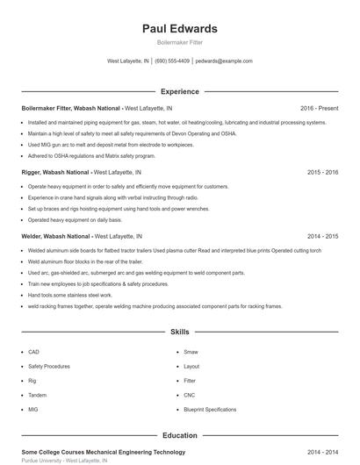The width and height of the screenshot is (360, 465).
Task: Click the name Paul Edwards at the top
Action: tap(179, 29)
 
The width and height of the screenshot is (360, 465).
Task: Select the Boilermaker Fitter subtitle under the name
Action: tap(179, 43)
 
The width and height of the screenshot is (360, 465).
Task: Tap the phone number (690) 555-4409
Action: tap(173, 61)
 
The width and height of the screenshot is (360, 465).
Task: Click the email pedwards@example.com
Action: tap(224, 61)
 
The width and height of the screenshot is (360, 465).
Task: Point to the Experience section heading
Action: tap(179, 91)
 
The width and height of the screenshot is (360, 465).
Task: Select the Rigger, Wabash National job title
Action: tap(56, 173)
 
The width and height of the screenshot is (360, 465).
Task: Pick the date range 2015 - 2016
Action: tap(322, 173)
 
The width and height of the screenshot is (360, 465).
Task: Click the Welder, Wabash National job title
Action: tap(55, 237)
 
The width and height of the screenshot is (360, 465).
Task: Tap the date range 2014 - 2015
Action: tap(322, 237)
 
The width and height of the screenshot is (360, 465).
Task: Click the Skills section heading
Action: tap(179, 333)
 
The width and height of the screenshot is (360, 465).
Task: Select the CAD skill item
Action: tap(33, 352)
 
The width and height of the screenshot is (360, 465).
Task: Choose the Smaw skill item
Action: tap(191, 352)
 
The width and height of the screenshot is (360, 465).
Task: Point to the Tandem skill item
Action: tap(37, 395)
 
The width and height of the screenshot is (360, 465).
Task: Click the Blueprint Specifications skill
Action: tap(209, 410)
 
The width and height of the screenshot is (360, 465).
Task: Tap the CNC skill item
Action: tap(190, 395)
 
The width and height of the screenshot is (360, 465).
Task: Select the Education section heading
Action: tap(179, 435)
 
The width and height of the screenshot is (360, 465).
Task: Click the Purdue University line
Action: tap(64, 461)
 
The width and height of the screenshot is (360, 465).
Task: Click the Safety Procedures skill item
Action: tap(48, 366)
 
